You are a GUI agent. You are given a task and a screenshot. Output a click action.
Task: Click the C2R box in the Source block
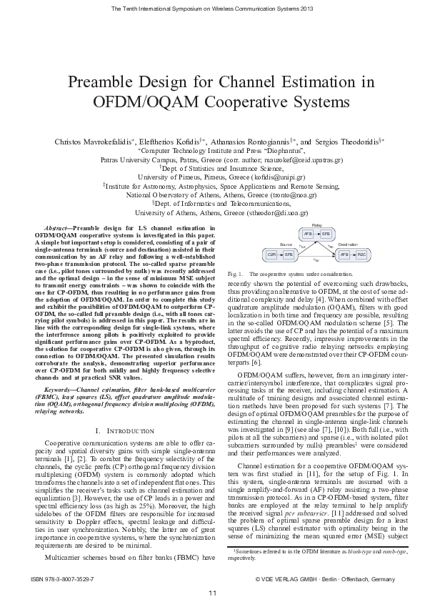pos(272,254)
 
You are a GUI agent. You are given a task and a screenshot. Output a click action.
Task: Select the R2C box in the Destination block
pos(361,254)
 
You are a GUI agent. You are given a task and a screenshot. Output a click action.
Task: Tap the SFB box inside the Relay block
pos(325,234)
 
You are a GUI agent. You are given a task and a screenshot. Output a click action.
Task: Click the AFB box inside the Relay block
pos(308,234)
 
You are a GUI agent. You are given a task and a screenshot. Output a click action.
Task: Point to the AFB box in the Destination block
pos(344,254)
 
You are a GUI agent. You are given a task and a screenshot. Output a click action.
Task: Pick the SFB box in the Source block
pos(289,254)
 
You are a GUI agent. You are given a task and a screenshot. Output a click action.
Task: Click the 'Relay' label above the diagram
pos(317,225)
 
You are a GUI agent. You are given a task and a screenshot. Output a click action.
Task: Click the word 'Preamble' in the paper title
pos(104,82)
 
